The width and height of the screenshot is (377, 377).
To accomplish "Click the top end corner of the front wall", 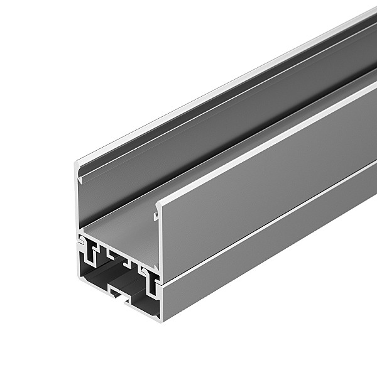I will [157, 203].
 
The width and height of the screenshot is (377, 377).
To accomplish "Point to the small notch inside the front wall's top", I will [155, 216].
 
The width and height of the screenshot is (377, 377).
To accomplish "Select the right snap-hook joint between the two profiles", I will [150, 272].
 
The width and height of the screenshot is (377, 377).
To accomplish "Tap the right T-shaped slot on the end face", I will [150, 287].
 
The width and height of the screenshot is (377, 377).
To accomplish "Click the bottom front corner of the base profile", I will [163, 320].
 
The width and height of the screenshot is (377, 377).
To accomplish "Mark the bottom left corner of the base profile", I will [77, 276].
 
